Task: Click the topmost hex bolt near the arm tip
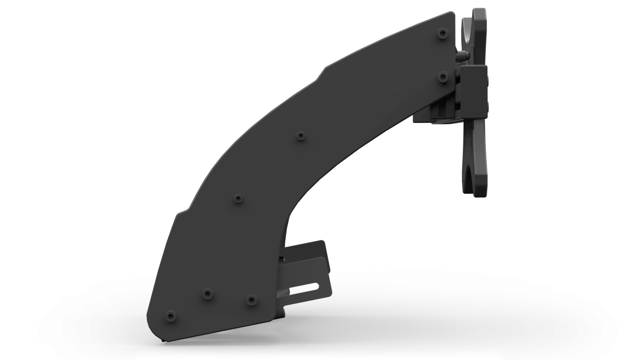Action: click(442, 33)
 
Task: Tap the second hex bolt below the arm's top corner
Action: click(442, 77)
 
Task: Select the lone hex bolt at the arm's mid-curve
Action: click(301, 136)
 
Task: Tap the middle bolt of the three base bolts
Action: click(207, 293)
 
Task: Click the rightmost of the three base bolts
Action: click(252, 300)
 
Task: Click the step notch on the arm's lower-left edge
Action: click(183, 211)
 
